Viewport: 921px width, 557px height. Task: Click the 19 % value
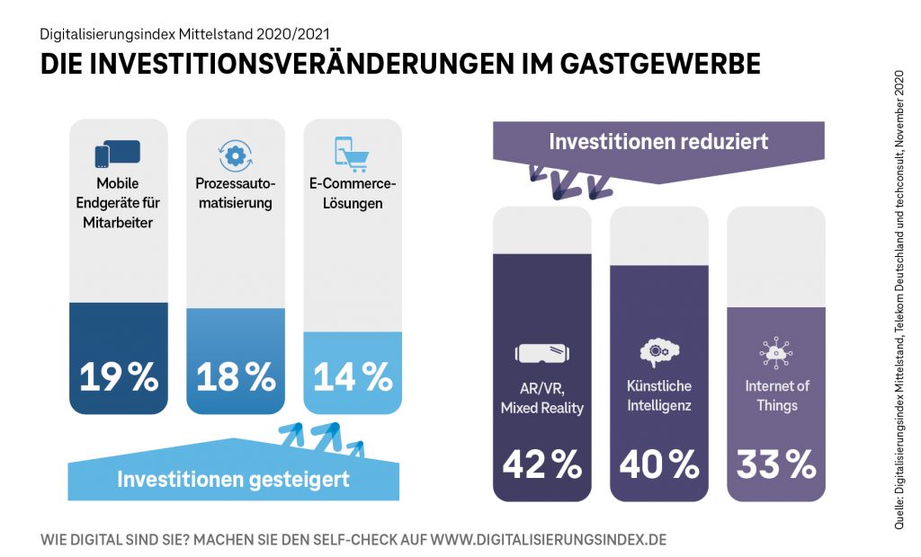119,376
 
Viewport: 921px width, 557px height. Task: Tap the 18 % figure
236,376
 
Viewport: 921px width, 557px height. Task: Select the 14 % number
353,376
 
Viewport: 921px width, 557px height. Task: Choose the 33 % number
776,464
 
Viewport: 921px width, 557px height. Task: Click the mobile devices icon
118,154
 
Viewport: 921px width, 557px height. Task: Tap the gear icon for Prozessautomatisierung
235,155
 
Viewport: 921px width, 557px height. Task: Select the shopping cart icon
352,153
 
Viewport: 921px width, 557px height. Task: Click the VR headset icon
542,353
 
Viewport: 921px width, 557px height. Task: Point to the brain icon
659,351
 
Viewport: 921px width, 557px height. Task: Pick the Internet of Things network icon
776,352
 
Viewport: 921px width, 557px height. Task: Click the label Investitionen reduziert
658,142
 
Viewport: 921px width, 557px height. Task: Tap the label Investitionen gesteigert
233,479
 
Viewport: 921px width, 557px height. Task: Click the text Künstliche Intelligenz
659,395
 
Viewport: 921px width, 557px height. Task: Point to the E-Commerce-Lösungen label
353,193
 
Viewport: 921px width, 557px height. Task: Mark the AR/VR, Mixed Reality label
542,398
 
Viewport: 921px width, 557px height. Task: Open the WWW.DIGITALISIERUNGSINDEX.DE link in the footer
549,540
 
